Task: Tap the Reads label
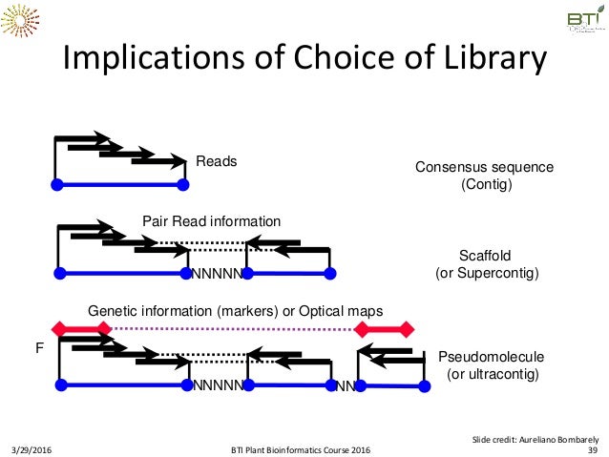point(216,162)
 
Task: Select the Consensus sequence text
point(484,167)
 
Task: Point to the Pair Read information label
point(211,221)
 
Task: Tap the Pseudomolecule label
point(491,357)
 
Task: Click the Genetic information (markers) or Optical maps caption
point(235,311)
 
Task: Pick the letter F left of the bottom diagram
point(39,350)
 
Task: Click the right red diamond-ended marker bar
point(385,329)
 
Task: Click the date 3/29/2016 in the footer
point(34,449)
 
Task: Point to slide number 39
point(592,449)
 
